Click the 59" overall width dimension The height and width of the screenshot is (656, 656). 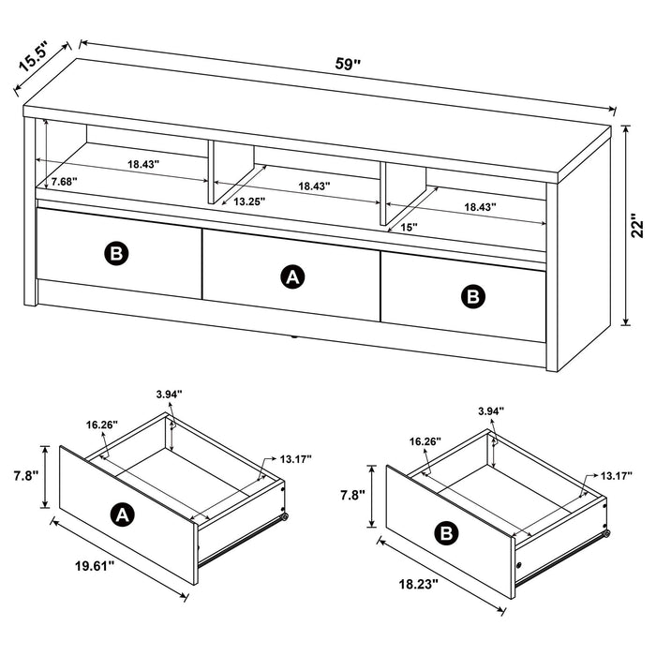348,65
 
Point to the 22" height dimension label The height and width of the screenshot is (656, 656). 637,226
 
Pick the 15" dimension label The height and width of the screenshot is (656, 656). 409,226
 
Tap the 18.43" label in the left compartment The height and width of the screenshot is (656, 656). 143,164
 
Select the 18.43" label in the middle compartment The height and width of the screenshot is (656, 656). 313,186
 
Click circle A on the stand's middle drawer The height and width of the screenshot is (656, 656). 292,276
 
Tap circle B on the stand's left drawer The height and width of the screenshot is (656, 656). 116,252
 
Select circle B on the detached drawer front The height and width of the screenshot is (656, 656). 448,533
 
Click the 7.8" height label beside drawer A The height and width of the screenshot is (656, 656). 25,476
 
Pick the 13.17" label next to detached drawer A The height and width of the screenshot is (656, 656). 295,459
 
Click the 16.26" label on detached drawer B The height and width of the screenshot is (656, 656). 425,441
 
